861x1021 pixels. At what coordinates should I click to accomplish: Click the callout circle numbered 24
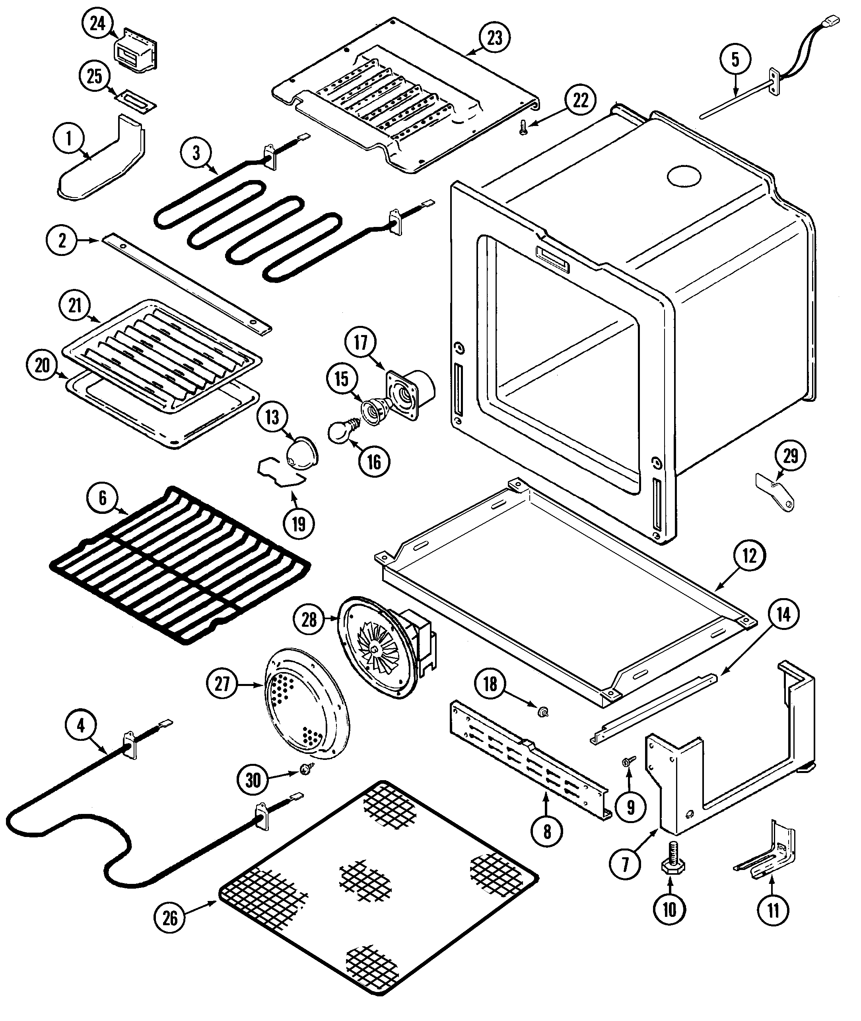coord(97,23)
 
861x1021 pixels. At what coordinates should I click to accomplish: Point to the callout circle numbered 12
coord(749,556)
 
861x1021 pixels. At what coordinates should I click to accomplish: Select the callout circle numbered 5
coord(735,60)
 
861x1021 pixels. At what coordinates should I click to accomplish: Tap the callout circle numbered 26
coord(169,918)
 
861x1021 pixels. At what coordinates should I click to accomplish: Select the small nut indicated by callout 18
coord(541,713)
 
